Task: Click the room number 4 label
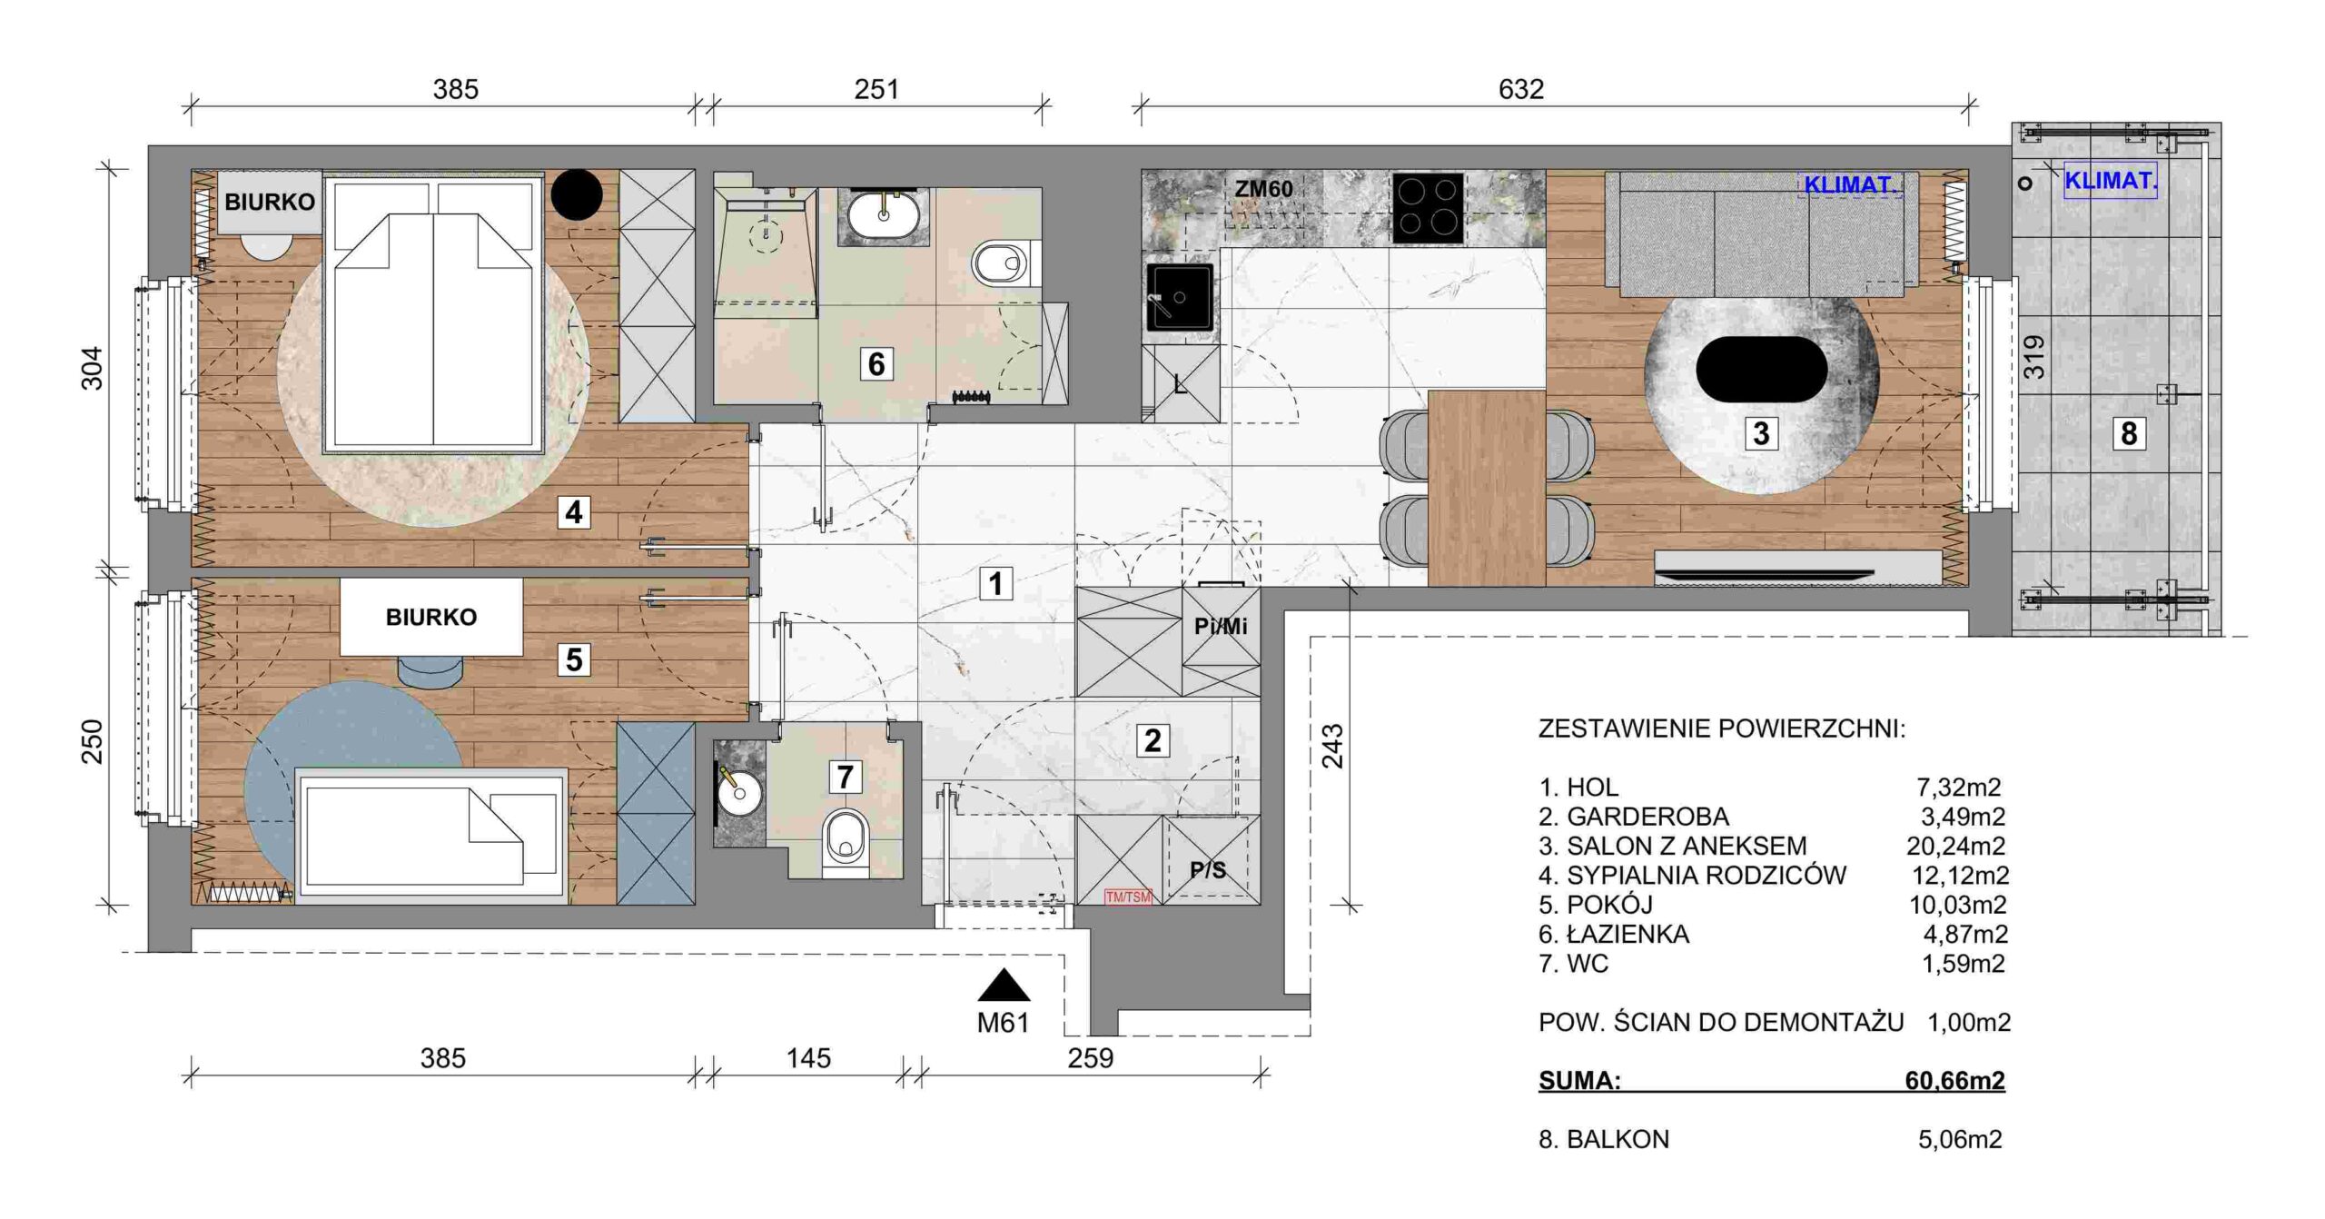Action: point(573,512)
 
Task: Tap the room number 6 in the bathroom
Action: point(876,364)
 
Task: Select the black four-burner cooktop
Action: point(1428,208)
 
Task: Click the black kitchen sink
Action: point(1179,297)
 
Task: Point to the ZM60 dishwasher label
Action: point(1263,189)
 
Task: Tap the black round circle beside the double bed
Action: point(577,193)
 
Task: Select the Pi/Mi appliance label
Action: point(1221,626)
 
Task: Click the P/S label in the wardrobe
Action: point(1208,870)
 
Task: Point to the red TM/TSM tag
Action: point(1128,897)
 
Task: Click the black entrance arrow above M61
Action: point(1004,986)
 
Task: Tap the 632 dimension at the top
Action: point(1520,89)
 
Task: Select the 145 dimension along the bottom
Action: point(808,1058)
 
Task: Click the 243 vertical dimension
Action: point(1331,746)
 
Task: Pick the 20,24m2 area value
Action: point(1955,846)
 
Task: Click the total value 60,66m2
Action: point(1954,1080)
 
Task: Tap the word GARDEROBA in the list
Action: point(1647,817)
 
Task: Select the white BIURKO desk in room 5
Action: point(431,617)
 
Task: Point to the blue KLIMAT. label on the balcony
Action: point(2111,181)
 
